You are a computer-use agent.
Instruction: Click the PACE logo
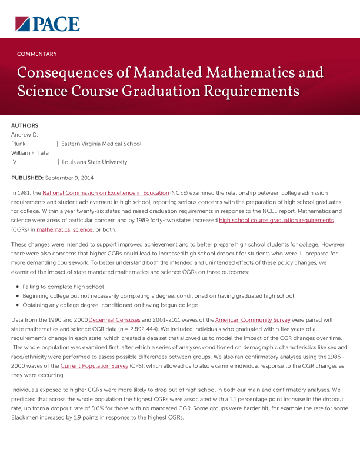point(47,24)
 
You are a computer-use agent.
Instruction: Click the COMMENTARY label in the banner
point(36,54)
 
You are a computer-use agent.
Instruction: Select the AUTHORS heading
point(25,125)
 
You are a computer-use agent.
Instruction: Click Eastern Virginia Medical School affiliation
point(101,144)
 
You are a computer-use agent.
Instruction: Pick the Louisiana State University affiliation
point(94,162)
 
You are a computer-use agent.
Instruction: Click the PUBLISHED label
point(27,178)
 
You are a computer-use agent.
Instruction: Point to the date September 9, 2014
point(69,178)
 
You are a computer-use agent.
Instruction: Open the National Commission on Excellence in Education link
point(105,192)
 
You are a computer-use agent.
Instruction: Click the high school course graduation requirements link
point(276,220)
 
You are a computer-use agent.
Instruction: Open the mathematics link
point(54,229)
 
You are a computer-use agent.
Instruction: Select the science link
point(82,229)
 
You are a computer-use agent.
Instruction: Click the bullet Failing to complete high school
point(63,287)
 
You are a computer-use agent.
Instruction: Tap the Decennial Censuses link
point(114,319)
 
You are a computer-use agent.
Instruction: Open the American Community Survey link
point(252,319)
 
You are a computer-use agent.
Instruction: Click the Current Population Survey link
point(94,365)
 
